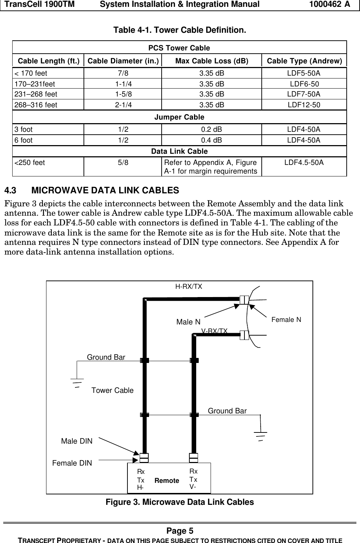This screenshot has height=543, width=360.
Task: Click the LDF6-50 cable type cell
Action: (x=304, y=84)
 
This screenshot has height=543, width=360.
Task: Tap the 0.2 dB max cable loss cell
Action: (x=211, y=129)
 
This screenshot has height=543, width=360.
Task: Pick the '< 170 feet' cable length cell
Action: (x=31, y=73)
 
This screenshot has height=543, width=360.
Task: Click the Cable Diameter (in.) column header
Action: (x=123, y=61)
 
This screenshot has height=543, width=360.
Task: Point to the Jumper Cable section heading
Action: (x=179, y=117)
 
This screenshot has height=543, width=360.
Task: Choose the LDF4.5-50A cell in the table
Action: (x=304, y=163)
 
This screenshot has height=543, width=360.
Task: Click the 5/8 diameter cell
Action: (x=123, y=163)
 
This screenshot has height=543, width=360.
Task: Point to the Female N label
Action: (x=286, y=319)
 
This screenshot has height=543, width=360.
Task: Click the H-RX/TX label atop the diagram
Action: (x=189, y=287)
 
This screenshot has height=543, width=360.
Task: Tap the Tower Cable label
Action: (x=112, y=390)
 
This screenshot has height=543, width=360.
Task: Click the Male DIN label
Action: (x=77, y=441)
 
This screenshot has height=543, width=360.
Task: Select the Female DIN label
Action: (x=72, y=463)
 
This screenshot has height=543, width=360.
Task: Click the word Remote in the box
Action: (x=167, y=481)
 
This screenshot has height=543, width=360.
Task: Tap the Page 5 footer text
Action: (x=180, y=531)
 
